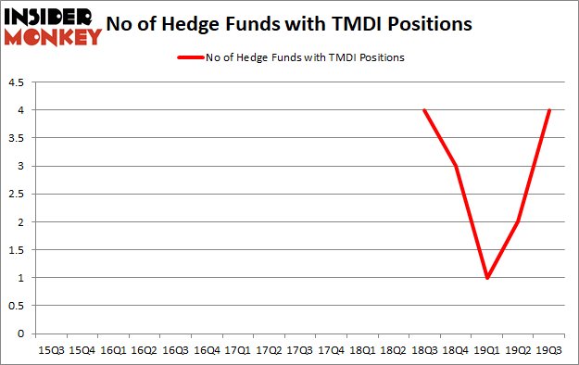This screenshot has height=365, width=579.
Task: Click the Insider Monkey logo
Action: coord(52,24)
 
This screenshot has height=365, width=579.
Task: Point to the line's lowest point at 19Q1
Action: coord(486,278)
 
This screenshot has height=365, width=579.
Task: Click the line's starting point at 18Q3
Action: coord(424,110)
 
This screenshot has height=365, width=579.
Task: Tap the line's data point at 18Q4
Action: coord(455,166)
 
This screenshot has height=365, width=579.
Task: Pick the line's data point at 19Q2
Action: coord(518,222)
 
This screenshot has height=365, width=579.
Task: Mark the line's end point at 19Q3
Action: coord(549,110)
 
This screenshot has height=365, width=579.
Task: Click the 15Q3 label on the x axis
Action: coord(50,351)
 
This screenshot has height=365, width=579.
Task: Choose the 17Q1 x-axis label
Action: coord(237,351)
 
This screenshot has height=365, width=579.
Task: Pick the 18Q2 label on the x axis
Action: coord(393,351)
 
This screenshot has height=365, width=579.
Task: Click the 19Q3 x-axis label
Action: coord(549,351)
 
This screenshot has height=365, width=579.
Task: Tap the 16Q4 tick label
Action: coord(206,351)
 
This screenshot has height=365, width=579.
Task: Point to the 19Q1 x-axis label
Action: coord(486,351)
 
